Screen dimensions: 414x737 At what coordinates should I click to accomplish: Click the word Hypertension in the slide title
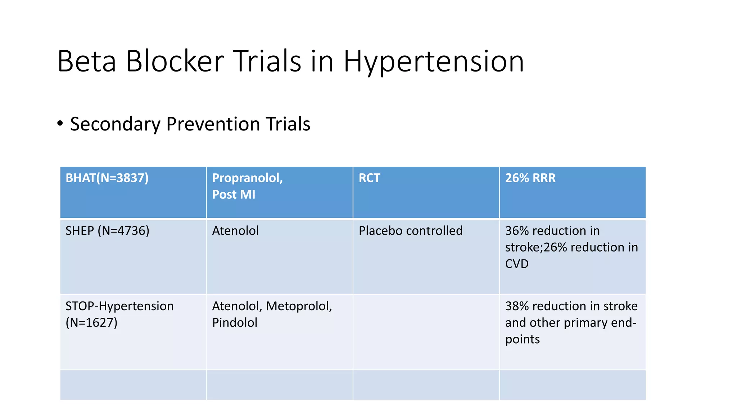point(434,62)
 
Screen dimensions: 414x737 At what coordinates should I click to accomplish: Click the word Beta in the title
point(86,62)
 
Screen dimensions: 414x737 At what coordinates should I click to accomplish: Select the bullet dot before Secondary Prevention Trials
point(60,124)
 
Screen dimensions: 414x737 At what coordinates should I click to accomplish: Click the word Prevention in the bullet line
point(213,124)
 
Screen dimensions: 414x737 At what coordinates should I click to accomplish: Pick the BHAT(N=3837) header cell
point(107,178)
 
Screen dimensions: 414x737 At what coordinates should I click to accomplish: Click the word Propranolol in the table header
point(247,178)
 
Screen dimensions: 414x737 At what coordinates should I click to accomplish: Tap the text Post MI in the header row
point(234,194)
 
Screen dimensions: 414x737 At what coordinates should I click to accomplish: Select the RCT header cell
point(369,178)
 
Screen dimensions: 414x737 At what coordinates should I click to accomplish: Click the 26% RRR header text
point(530,178)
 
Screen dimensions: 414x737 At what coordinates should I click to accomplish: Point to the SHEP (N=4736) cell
point(107,231)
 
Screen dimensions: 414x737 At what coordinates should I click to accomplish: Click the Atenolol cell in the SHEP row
point(235,231)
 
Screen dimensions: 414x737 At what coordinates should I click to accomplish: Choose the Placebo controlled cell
point(410,231)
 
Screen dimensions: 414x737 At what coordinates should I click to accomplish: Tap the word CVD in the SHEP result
point(517,264)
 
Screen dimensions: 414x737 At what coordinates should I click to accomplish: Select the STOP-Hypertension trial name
point(119,306)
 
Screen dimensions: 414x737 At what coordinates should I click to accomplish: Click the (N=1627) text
point(91,323)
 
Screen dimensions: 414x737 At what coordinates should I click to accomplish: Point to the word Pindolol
point(235,323)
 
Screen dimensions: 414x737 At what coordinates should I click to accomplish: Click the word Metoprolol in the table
point(298,306)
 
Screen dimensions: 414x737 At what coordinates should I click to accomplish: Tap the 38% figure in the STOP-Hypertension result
point(517,306)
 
